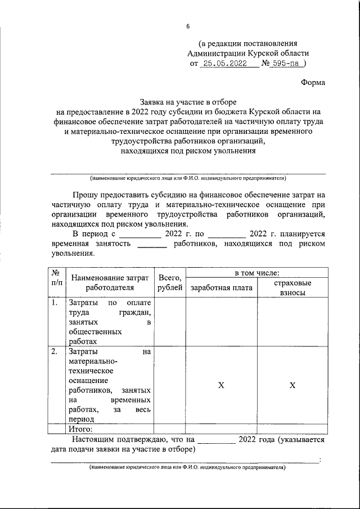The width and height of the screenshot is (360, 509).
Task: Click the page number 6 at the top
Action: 188,26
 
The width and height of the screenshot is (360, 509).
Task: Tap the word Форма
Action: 313,82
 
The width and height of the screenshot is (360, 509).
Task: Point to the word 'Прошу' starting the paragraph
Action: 85,194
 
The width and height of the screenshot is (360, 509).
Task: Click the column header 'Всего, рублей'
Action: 170,282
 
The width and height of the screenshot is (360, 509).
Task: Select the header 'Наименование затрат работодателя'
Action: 110,282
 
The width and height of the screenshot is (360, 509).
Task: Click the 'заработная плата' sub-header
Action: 222,288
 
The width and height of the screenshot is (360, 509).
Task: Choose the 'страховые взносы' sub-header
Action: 292,288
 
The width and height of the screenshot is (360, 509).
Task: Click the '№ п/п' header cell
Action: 56,277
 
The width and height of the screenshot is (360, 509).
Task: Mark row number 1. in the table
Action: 55,303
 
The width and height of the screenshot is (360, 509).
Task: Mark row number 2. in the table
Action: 55,352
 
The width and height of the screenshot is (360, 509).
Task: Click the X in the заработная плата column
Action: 222,385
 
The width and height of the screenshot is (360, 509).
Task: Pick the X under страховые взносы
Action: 292,385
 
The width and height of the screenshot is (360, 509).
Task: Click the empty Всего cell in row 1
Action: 170,321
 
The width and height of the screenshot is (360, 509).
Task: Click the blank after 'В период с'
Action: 139,233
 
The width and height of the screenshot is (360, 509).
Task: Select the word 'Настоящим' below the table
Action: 92,440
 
